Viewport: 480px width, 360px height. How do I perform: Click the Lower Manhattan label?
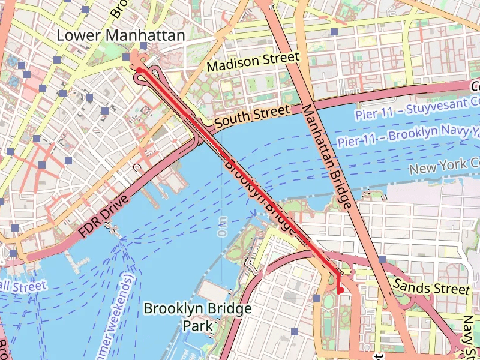[121, 36]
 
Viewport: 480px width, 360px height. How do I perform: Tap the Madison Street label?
[253, 61]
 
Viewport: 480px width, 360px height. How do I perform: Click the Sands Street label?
[431, 285]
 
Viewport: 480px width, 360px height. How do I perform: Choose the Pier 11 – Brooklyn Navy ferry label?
[408, 136]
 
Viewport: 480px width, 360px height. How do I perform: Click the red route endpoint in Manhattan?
[139, 70]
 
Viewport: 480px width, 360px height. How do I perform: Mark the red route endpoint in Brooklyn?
[340, 291]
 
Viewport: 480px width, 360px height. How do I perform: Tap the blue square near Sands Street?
[382, 259]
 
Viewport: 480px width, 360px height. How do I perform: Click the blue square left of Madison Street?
[143, 46]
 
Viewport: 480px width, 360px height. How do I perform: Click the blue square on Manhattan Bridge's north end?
[334, 31]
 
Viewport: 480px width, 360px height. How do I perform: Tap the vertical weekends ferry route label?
[126, 312]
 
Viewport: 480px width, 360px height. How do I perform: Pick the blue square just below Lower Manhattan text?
[125, 57]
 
